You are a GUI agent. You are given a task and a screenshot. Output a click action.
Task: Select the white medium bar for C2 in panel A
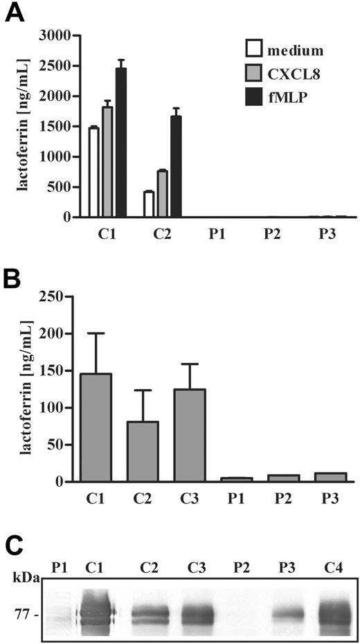[148, 204]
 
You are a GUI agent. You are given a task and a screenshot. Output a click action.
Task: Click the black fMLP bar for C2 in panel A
[176, 166]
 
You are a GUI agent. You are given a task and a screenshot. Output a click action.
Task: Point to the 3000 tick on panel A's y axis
[54, 35]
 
